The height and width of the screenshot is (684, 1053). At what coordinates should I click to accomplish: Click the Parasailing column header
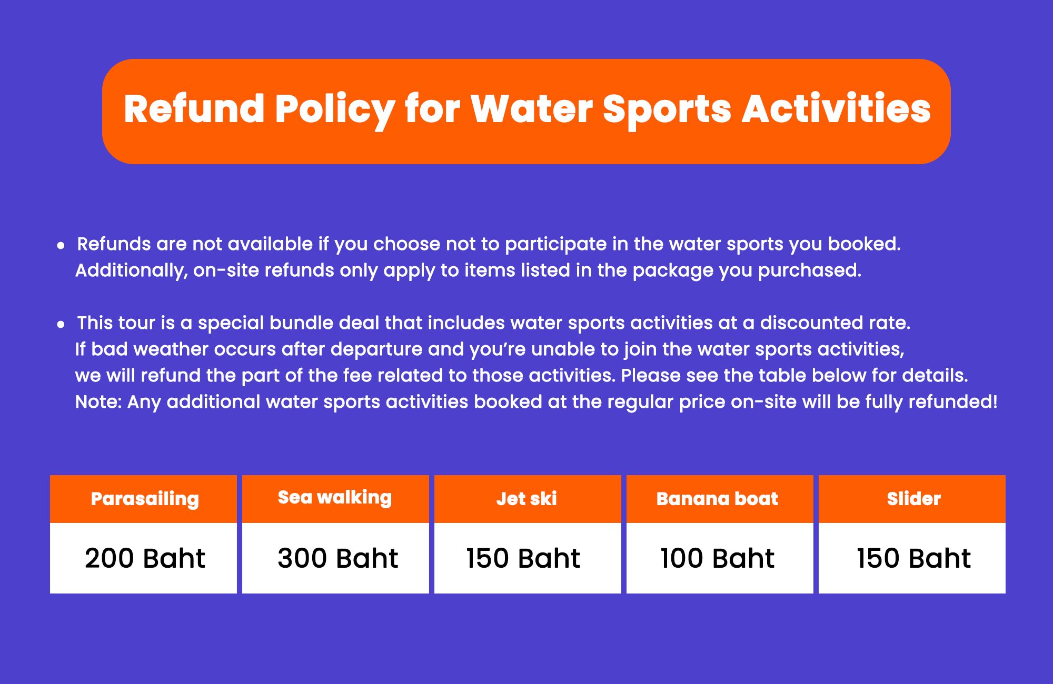click(x=143, y=499)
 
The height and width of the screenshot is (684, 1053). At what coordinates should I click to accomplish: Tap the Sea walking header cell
click(x=335, y=499)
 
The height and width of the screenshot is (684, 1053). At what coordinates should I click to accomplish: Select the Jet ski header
click(x=528, y=499)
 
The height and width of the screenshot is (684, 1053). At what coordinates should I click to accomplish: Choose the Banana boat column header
click(x=720, y=499)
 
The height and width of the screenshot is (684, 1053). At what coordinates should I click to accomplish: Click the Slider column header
click(x=912, y=499)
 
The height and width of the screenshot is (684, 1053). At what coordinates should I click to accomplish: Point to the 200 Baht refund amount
click(x=145, y=558)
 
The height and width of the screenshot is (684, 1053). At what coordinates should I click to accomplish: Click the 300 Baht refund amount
click(x=338, y=558)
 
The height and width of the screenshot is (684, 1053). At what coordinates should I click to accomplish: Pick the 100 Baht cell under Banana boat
click(x=718, y=558)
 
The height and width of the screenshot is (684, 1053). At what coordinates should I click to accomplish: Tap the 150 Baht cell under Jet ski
click(x=523, y=558)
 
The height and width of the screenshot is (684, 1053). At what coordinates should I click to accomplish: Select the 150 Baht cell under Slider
click(x=914, y=558)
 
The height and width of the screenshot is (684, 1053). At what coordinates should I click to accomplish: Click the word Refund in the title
click(x=194, y=109)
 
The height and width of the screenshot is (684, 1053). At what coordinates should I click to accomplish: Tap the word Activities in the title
click(x=837, y=109)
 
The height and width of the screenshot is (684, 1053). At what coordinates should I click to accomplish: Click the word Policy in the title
click(x=334, y=110)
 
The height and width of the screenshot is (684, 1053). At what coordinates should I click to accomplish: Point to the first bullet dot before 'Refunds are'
click(x=61, y=245)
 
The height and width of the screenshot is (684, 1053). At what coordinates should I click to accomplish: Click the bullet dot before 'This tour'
click(x=61, y=324)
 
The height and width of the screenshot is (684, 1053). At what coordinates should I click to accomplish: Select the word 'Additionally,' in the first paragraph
click(x=132, y=270)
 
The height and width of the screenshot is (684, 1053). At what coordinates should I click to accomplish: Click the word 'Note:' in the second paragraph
click(x=98, y=402)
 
